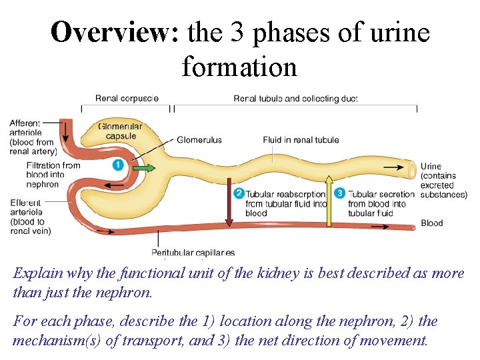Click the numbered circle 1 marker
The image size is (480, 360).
(118, 165)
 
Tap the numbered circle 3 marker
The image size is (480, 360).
(339, 193)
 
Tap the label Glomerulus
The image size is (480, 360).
(199, 140)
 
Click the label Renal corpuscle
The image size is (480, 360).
(127, 99)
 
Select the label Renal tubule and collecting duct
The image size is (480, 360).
(295, 99)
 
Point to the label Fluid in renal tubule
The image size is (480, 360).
(301, 140)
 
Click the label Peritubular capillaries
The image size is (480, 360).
(193, 253)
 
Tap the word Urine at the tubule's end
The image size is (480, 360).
(431, 167)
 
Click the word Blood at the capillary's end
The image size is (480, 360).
(432, 223)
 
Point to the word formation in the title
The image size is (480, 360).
(239, 67)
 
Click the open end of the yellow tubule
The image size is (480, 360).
(409, 168)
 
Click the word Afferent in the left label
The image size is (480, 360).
(25, 123)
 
